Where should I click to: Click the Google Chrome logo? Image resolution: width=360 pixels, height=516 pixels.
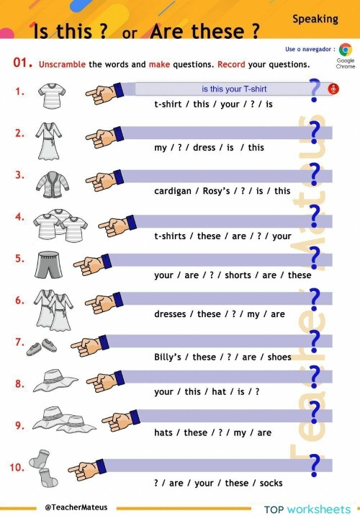click(x=346, y=50)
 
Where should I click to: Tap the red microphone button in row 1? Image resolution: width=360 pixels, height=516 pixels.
click(x=333, y=89)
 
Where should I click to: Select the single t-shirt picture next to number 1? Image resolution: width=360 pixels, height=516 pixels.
click(x=53, y=93)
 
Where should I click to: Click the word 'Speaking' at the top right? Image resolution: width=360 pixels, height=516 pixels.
click(x=315, y=19)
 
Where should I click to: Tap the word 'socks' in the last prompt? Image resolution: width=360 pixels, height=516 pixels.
click(x=271, y=483)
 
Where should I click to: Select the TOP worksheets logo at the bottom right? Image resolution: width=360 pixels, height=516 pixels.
click(x=307, y=509)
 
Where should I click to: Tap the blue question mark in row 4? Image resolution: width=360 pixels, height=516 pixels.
click(x=314, y=214)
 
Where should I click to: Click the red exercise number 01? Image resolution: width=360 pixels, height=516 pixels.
click(x=23, y=63)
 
